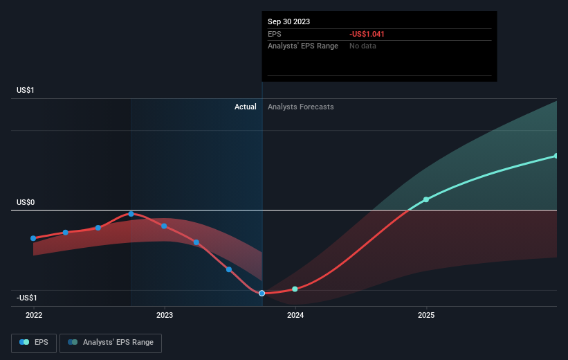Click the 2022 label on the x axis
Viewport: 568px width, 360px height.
pyautogui.click(x=34, y=315)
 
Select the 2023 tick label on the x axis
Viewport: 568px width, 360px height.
pyautogui.click(x=165, y=315)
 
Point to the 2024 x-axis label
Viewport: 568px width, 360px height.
pyautogui.click(x=295, y=315)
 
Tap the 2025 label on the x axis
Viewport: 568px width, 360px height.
pyautogui.click(x=426, y=315)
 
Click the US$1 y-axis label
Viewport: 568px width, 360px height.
pyautogui.click(x=26, y=90)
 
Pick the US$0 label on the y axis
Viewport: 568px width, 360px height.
pyautogui.click(x=26, y=202)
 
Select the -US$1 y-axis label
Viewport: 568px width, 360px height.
pyautogui.click(x=27, y=298)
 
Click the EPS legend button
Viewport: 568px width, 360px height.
pyautogui.click(x=34, y=343)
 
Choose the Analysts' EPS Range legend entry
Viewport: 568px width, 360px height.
pyautogui.click(x=111, y=343)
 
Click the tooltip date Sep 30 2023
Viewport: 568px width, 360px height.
pyautogui.click(x=288, y=21)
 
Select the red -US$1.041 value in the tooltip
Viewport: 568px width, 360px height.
pyautogui.click(x=367, y=34)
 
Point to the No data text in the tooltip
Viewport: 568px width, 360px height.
pyautogui.click(x=363, y=46)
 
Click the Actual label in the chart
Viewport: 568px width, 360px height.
pyautogui.click(x=245, y=107)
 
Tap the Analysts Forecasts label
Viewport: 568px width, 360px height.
pyautogui.click(x=301, y=107)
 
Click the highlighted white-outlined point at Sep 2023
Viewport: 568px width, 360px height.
pyautogui.click(x=262, y=293)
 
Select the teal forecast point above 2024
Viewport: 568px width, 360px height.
pyautogui.click(x=295, y=289)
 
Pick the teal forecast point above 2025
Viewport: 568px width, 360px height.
pyautogui.click(x=426, y=199)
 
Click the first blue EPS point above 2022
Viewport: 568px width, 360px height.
pyautogui.click(x=33, y=238)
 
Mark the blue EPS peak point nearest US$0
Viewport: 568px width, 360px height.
pyautogui.click(x=131, y=214)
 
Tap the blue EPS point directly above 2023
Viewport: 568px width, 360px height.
pyautogui.click(x=164, y=226)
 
